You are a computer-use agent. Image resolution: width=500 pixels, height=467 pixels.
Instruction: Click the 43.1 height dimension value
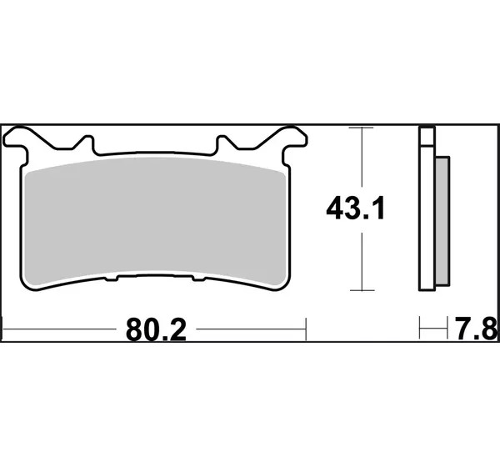click(355, 208)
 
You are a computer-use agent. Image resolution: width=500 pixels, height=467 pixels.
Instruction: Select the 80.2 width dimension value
click(156, 330)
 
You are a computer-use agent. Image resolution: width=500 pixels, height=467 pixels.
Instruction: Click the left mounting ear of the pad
click(16, 138)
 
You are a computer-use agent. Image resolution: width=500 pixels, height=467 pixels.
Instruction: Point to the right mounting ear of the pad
click(295, 138)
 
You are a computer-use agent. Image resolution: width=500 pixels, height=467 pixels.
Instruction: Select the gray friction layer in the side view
click(442, 221)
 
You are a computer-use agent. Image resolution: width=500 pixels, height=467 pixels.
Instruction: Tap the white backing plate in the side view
click(427, 218)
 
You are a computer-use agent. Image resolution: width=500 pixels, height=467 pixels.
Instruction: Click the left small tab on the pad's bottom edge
click(112, 279)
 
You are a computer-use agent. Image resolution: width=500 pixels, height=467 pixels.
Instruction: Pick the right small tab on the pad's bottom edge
click(198, 279)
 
